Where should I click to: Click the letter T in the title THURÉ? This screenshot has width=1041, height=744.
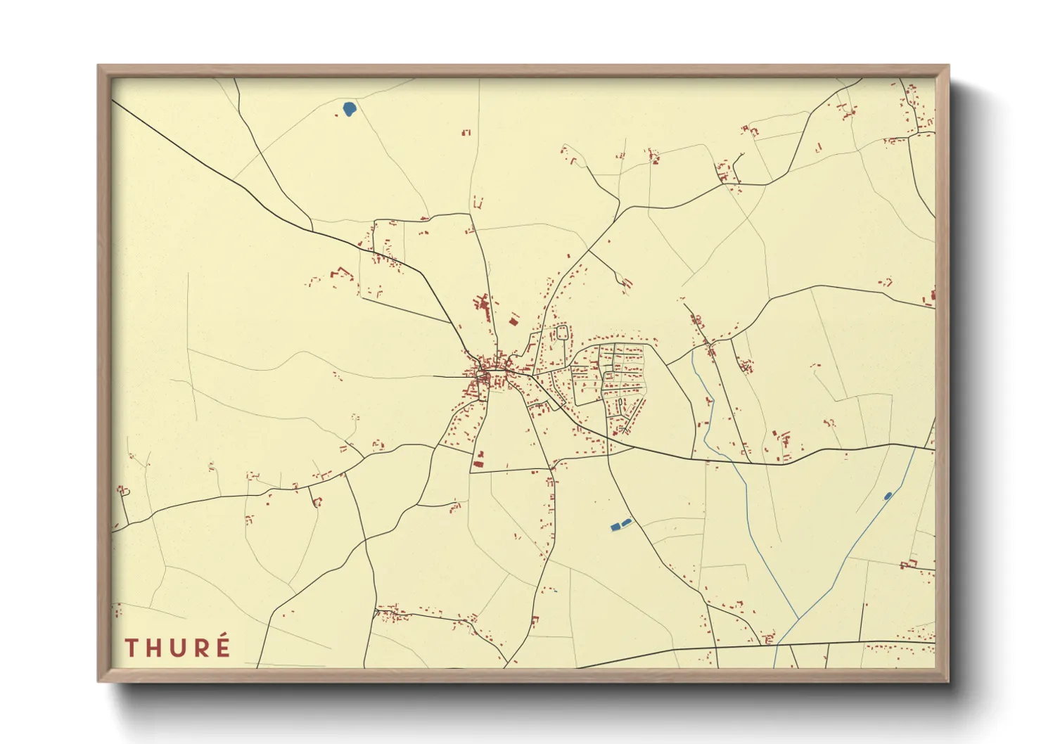(132, 648)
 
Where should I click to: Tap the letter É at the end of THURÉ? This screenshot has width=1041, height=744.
(223, 646)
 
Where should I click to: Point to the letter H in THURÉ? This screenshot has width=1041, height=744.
(154, 648)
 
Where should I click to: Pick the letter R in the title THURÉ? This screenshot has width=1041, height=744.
(200, 648)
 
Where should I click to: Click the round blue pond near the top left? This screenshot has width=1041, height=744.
(349, 109)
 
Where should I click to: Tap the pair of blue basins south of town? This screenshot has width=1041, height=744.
(620, 524)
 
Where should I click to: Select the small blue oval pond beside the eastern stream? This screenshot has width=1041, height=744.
(888, 496)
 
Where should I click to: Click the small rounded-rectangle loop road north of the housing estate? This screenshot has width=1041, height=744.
(562, 332)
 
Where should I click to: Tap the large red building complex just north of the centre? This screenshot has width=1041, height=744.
(482, 304)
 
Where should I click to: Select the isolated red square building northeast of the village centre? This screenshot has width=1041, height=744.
(513, 321)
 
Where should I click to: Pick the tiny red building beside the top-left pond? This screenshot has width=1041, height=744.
(466, 132)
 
